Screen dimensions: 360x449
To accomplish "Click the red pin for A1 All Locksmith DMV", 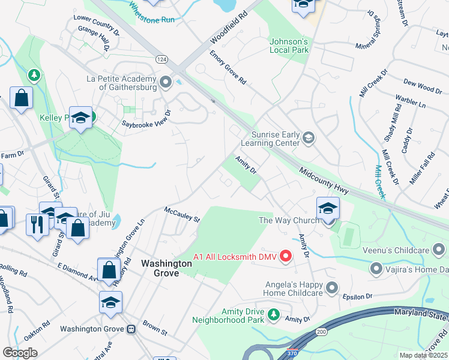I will (x=286, y=256).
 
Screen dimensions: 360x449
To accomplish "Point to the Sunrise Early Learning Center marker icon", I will (x=309, y=138).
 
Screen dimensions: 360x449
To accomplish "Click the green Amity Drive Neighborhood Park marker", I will (x=274, y=314).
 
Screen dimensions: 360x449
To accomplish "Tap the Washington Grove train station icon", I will (x=130, y=329).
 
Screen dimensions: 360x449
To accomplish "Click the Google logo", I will (x=20, y=352).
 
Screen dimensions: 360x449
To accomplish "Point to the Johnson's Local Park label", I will (x=289, y=46).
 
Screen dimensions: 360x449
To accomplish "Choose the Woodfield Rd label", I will (x=229, y=29).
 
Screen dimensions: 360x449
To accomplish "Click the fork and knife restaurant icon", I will (x=37, y=224).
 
